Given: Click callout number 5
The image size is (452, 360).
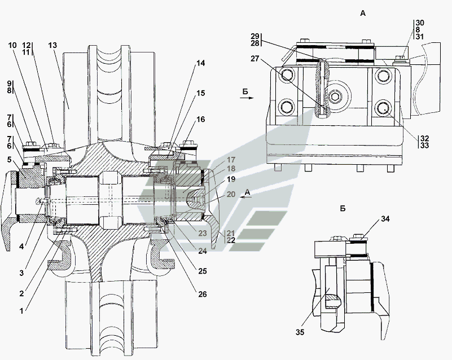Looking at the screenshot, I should [x=9, y=159].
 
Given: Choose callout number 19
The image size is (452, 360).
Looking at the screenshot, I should [x=216, y=179].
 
